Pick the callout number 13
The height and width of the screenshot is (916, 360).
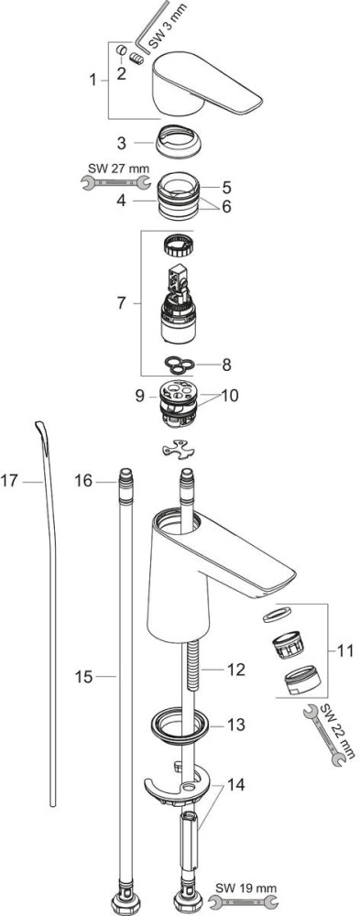pos(237,725)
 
